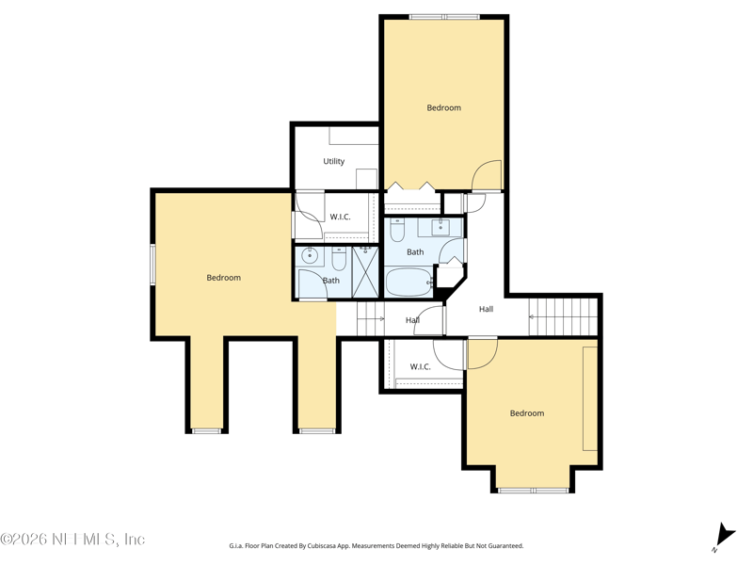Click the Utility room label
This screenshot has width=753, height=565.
(x=334, y=161)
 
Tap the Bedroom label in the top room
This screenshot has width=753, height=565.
(x=443, y=107)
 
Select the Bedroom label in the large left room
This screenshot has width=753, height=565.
(x=224, y=277)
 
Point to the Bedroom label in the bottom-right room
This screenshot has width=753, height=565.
(x=527, y=412)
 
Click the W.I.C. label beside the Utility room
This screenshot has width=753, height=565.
(x=340, y=217)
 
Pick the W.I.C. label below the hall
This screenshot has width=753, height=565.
(x=420, y=366)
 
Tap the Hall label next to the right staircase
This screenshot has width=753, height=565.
(x=486, y=309)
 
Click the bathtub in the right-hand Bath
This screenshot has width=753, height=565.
(x=409, y=282)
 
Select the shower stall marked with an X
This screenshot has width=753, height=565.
(x=365, y=272)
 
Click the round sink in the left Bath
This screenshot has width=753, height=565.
(x=311, y=256)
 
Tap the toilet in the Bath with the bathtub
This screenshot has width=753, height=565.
(x=397, y=230)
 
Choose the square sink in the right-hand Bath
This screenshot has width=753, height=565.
(x=441, y=227)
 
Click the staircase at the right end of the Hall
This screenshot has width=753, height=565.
(x=563, y=316)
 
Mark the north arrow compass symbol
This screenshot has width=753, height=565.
(x=724, y=537)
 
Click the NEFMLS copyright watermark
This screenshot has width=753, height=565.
(x=72, y=539)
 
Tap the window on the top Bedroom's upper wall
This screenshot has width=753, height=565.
(x=444, y=17)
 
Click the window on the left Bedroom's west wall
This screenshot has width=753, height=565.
(x=152, y=265)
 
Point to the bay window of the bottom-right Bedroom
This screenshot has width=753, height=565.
(x=533, y=491)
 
